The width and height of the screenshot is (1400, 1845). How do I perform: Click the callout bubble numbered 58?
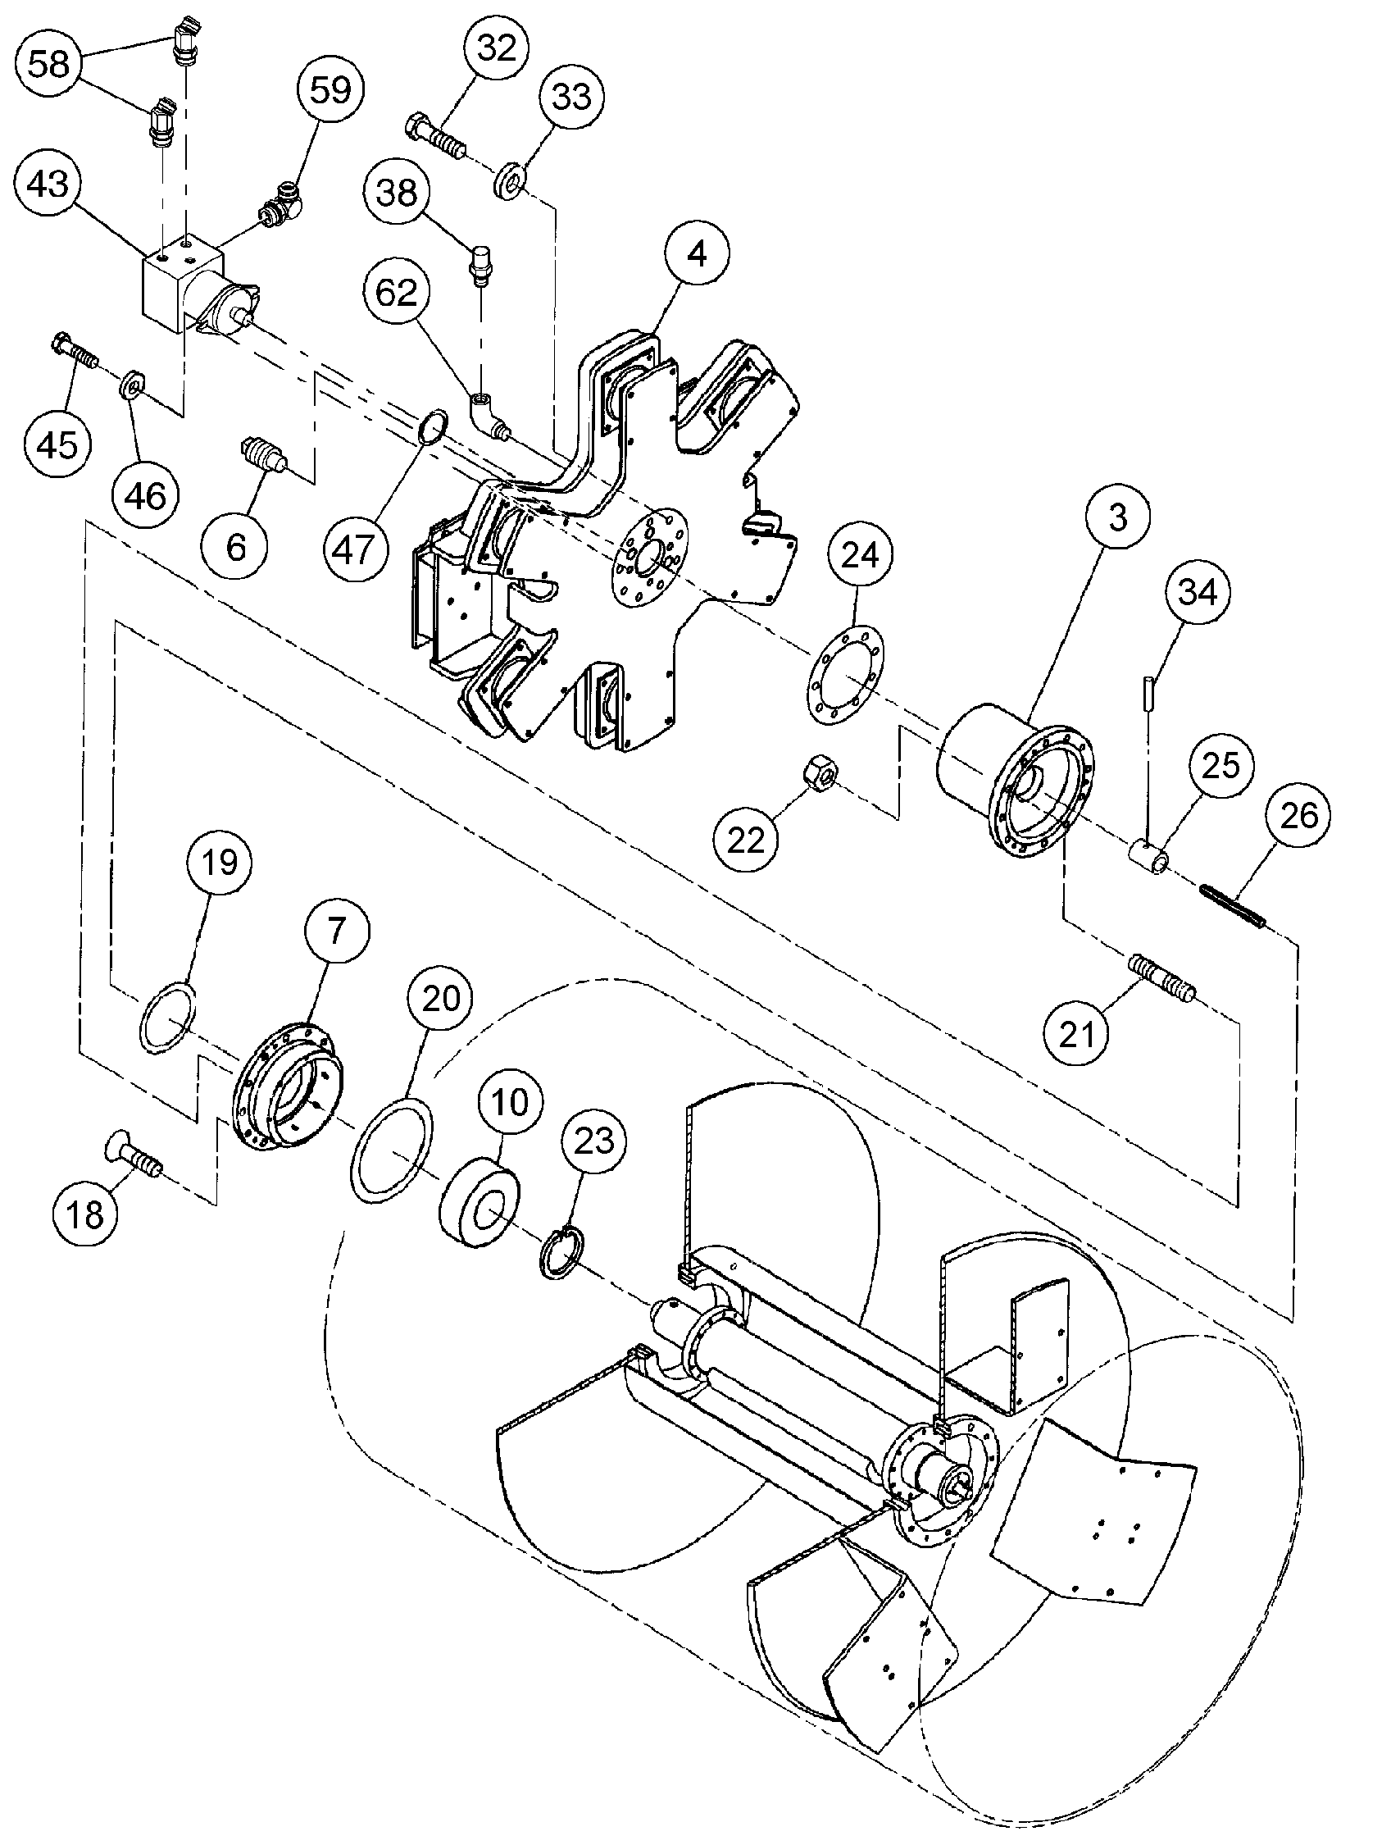point(48,63)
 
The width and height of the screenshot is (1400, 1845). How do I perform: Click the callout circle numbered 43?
point(48,183)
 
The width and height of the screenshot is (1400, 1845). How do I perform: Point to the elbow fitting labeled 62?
point(488,415)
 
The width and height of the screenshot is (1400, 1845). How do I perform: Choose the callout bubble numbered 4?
point(697,252)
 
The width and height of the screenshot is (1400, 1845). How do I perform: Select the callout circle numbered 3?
point(1117,517)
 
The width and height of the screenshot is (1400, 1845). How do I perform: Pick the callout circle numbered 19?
point(220,863)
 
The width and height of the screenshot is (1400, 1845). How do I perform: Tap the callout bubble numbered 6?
point(235,547)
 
